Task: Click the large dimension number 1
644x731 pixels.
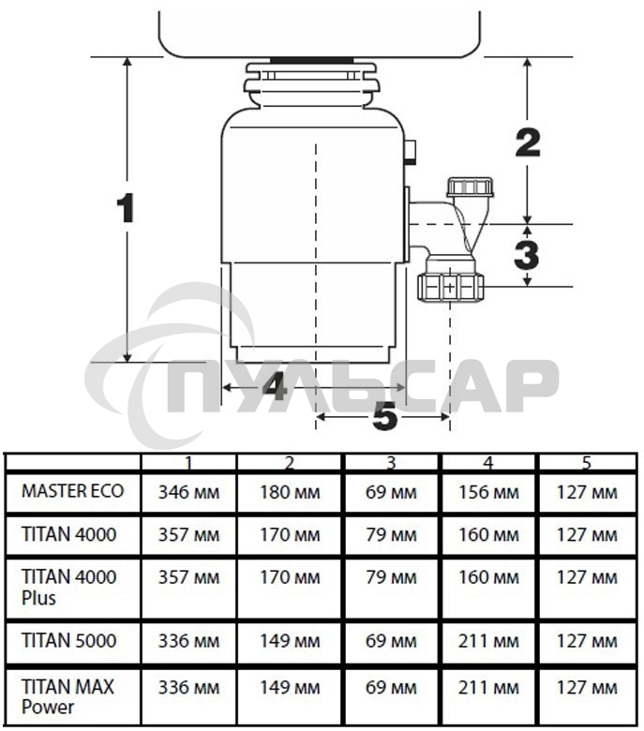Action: pyautogui.click(x=126, y=208)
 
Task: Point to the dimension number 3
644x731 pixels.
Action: pyautogui.click(x=527, y=255)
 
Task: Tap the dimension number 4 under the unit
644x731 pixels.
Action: pyautogui.click(x=275, y=386)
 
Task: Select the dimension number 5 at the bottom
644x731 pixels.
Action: pyautogui.click(x=385, y=416)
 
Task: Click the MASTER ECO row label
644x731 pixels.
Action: pyautogui.click(x=73, y=491)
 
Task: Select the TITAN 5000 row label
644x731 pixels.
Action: pyautogui.click(x=69, y=640)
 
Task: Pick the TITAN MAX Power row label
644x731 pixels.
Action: pyautogui.click(x=67, y=696)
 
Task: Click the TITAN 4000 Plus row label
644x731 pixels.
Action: pyautogui.click(x=69, y=588)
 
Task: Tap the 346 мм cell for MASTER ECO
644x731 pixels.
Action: pyautogui.click(x=188, y=492)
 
